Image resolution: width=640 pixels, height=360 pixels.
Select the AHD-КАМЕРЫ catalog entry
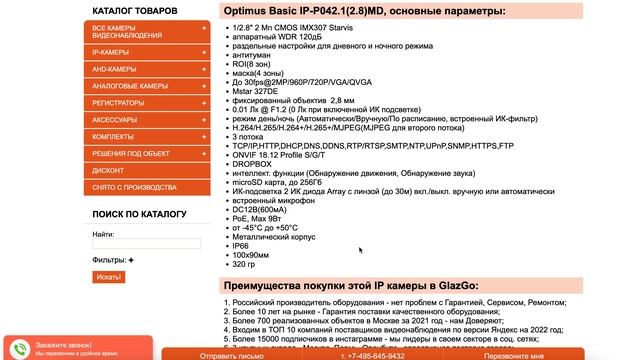coord(113,69)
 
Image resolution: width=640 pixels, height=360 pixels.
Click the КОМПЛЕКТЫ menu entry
coord(112,136)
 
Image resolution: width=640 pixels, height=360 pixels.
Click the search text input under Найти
coord(146,243)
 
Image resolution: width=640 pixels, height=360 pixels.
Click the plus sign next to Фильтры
coord(130,260)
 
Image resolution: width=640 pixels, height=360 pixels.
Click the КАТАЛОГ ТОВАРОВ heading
coord(134,10)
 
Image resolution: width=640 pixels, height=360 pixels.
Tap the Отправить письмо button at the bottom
coord(231,355)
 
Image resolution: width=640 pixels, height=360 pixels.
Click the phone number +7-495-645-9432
coord(372,355)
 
